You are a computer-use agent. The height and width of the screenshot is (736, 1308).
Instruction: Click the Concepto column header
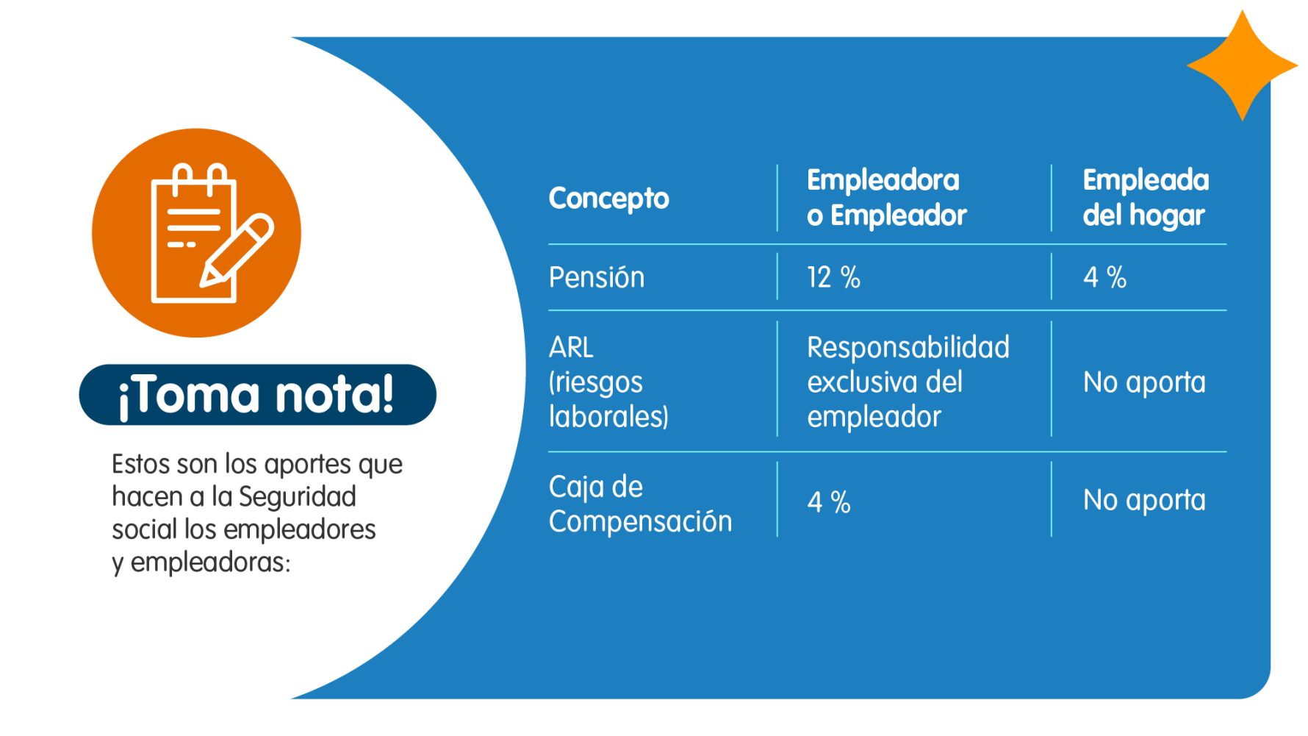[608, 199]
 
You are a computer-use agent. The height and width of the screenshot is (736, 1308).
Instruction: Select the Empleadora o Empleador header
[886, 197]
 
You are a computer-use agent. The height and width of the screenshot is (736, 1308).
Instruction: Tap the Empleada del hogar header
[1146, 197]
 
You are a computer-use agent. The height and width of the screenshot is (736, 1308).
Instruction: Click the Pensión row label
[596, 277]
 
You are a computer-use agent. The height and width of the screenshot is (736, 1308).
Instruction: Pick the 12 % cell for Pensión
[833, 277]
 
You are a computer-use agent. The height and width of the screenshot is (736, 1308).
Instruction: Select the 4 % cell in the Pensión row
[1104, 277]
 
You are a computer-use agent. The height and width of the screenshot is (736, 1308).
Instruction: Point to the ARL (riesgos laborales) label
[608, 382]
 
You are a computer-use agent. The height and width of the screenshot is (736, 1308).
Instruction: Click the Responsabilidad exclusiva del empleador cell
[908, 382]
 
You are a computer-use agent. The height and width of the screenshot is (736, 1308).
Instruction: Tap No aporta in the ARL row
[1144, 382]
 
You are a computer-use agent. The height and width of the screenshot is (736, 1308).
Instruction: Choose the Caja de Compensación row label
[640, 504]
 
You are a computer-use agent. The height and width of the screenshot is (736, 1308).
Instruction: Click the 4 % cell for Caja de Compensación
[829, 502]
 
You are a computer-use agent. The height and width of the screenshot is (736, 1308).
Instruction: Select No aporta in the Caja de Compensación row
[1144, 500]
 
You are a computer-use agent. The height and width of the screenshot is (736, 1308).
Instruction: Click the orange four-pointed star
[1242, 65]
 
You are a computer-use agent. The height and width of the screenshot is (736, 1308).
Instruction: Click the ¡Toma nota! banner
[257, 395]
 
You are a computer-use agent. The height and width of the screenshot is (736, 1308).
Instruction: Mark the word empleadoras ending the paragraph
[210, 562]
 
